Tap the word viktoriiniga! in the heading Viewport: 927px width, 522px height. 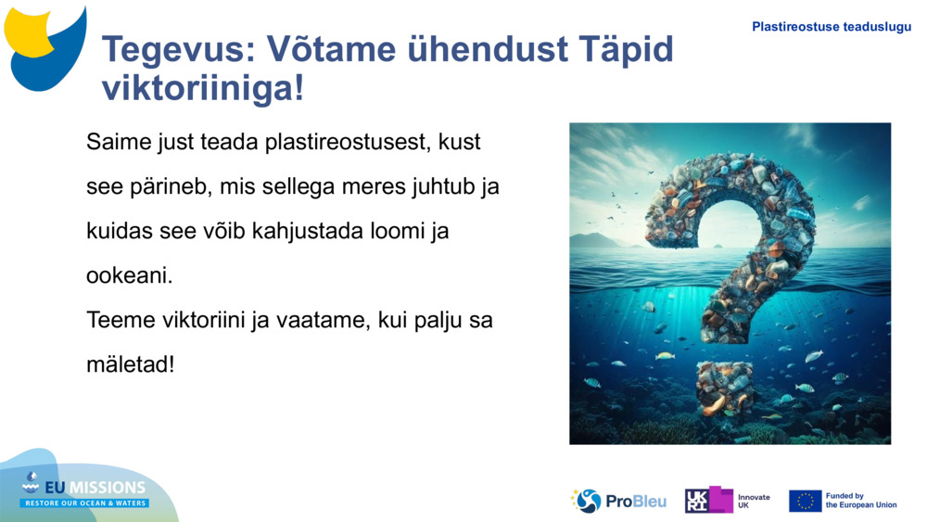[x=202, y=88]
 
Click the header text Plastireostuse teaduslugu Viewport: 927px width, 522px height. [x=832, y=27]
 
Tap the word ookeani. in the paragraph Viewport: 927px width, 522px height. [x=129, y=275]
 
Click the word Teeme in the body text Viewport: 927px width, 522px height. [x=118, y=320]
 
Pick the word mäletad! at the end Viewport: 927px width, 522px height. [x=130, y=364]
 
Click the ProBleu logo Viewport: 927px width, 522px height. [x=618, y=501]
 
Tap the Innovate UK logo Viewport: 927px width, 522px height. [x=728, y=501]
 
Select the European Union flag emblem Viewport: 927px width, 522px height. [x=805, y=501]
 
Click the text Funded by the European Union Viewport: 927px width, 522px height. [x=860, y=501]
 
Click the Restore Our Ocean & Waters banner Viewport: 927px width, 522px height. [x=84, y=503]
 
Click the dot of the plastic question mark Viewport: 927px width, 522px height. [x=725, y=386]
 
